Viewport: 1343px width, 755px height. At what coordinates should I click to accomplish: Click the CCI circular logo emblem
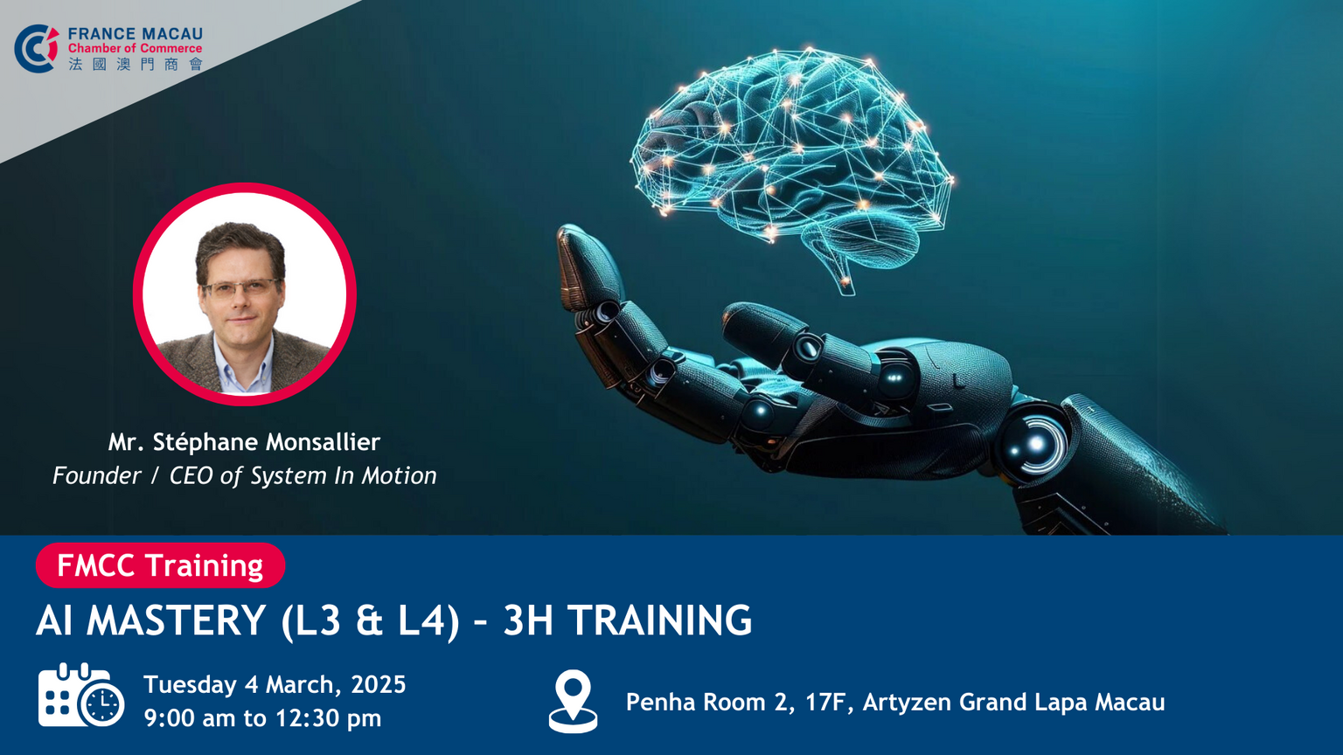click(37, 49)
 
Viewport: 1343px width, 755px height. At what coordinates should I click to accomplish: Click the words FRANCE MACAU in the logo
click(135, 33)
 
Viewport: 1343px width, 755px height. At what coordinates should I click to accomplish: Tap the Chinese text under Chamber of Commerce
click(136, 64)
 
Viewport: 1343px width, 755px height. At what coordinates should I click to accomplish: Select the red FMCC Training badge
click(160, 565)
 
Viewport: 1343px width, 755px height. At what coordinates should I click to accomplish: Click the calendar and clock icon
click(81, 695)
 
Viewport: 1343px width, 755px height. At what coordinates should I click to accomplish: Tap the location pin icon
click(574, 701)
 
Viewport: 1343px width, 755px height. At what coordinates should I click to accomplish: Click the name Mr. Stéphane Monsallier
click(244, 442)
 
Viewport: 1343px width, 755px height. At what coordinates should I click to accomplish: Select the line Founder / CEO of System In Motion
click(244, 475)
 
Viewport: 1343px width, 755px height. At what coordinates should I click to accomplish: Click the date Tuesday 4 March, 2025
click(275, 684)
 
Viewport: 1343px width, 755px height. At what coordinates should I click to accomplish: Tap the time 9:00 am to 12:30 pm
click(262, 717)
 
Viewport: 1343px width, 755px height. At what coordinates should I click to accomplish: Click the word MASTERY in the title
click(177, 620)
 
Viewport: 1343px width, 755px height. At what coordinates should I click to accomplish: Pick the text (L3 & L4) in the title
click(371, 621)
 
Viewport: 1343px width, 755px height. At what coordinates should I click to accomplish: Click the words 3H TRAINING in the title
click(627, 620)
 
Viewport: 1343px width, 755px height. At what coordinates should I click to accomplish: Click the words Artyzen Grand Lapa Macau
click(1014, 703)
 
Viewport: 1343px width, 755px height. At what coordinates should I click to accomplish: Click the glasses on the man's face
click(241, 288)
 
